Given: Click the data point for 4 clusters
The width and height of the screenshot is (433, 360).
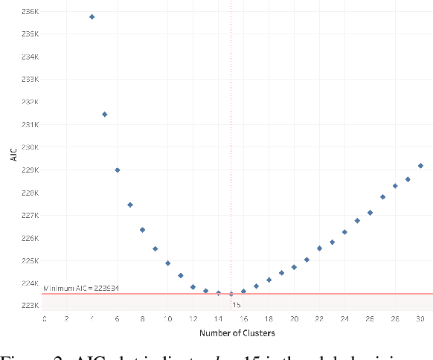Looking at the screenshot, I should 92,16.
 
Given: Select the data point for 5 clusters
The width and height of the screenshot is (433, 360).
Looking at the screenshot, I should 104,114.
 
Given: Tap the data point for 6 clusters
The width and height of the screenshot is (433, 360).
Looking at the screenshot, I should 117,170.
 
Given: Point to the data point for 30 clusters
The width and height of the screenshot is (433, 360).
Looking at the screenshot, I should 420,165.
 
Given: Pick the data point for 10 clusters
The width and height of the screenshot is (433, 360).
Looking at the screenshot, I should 167,263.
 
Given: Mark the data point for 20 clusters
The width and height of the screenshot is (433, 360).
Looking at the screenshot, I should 294,267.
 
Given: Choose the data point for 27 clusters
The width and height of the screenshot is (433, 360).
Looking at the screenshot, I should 382,196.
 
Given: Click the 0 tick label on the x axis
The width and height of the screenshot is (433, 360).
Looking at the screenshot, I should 44,318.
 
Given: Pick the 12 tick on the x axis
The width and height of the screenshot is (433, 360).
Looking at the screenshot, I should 193,318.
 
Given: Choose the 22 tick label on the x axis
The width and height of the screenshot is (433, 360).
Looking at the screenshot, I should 319,318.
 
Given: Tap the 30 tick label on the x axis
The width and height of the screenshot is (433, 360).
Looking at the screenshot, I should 420,318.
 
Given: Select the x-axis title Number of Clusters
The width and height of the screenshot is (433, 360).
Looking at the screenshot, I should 232,333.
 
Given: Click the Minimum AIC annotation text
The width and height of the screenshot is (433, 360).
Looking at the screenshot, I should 82,289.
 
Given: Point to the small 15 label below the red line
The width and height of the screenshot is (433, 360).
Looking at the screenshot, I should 237,304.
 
